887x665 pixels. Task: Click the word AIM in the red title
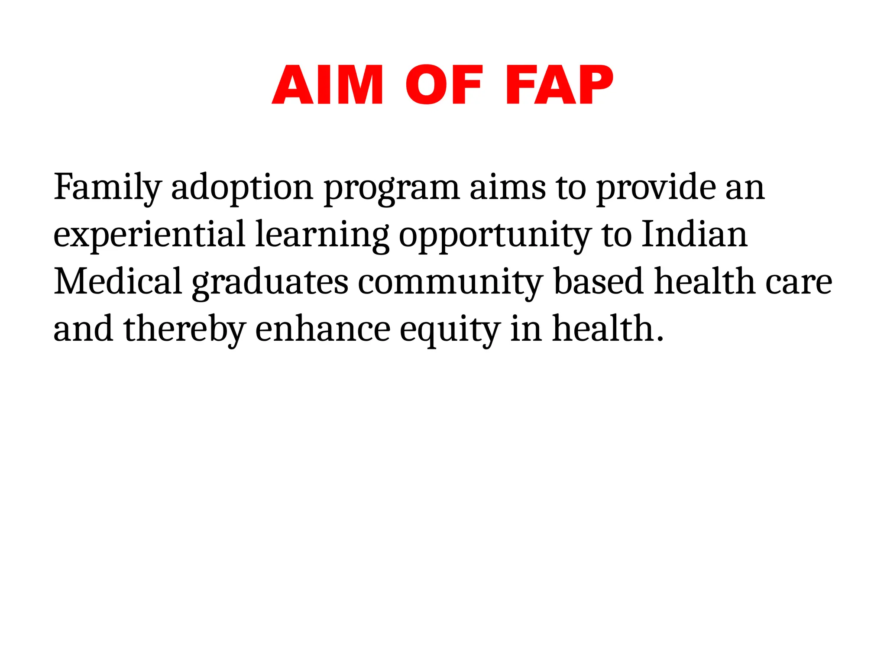click(327, 85)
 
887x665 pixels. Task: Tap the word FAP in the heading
click(559, 85)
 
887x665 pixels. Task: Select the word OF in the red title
click(443, 85)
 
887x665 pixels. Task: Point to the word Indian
click(694, 234)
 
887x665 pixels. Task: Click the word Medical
click(117, 281)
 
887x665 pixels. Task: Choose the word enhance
click(323, 329)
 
